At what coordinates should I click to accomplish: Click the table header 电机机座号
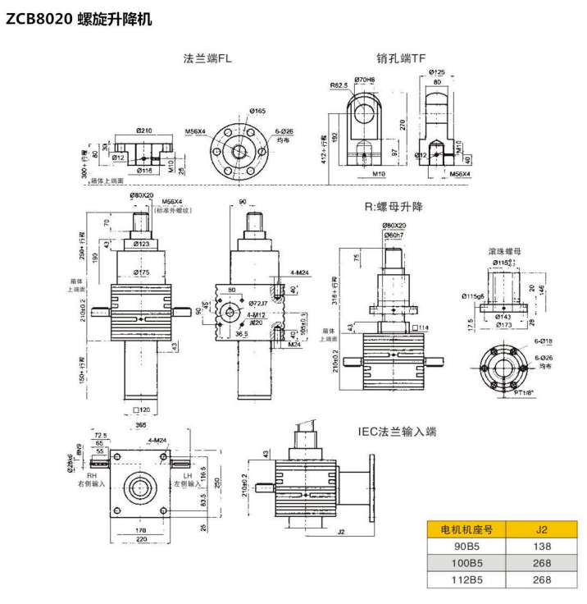point(466,529)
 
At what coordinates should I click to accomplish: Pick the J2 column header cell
point(540,529)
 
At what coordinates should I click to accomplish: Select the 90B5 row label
point(466,546)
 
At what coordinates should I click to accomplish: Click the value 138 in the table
point(540,546)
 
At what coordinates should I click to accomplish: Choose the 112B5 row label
point(466,580)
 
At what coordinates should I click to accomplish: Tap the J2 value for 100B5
point(540,563)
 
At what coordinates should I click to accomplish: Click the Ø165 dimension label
point(257,111)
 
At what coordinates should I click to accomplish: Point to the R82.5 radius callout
point(339,85)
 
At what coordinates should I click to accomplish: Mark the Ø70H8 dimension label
point(379,80)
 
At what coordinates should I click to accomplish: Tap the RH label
point(92,474)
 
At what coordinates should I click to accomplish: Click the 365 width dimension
point(141,424)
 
